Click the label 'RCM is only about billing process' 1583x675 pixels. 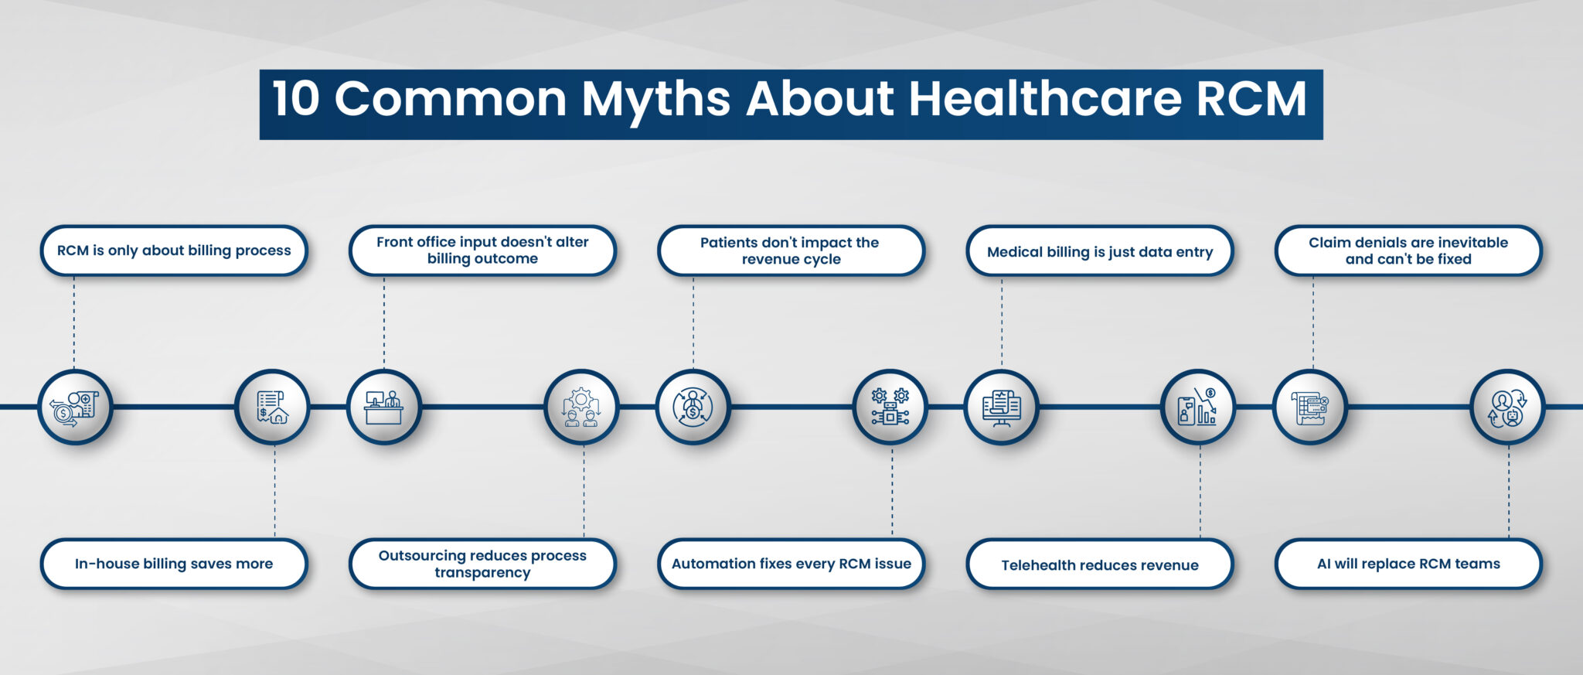(x=174, y=251)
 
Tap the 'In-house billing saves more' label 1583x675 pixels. (x=174, y=564)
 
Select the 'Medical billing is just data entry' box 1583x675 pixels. (x=1100, y=251)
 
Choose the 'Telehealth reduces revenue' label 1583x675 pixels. (x=1100, y=564)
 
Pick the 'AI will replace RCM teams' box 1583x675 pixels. (x=1408, y=564)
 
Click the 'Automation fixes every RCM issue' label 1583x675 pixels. (x=791, y=564)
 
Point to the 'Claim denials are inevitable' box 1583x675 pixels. (x=1408, y=251)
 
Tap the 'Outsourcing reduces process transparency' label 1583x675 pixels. (x=482, y=564)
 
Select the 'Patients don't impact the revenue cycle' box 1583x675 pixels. (x=791, y=251)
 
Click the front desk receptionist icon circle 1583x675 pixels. (x=384, y=407)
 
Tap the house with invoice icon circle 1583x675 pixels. (x=272, y=407)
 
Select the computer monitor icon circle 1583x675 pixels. (x=1002, y=407)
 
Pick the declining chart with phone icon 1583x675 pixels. (x=1199, y=407)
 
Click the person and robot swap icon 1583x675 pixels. (x=1507, y=407)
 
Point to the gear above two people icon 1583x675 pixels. (x=581, y=407)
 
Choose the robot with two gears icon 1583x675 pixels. (x=890, y=407)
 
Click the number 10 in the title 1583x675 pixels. (x=295, y=99)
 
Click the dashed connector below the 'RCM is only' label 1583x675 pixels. (x=74, y=322)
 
